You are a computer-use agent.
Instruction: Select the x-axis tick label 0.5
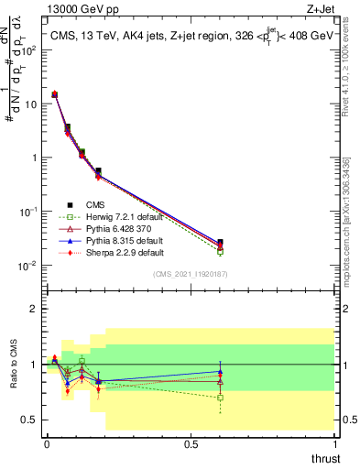[191, 443]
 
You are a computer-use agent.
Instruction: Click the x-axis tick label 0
[47, 443]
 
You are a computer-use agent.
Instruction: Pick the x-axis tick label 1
[334, 443]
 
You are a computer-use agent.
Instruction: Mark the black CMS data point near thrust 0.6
[220, 243]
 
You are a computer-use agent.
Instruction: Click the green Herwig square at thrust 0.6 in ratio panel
[220, 398]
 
